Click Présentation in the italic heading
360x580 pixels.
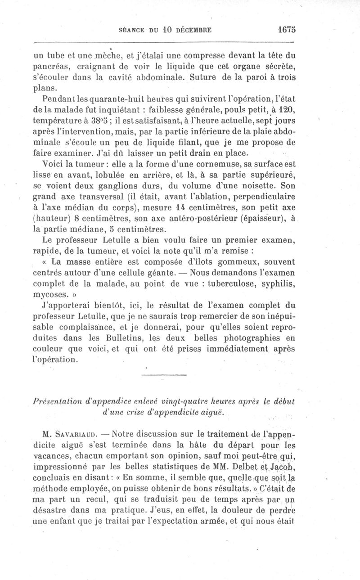58,401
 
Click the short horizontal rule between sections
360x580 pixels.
164,375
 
